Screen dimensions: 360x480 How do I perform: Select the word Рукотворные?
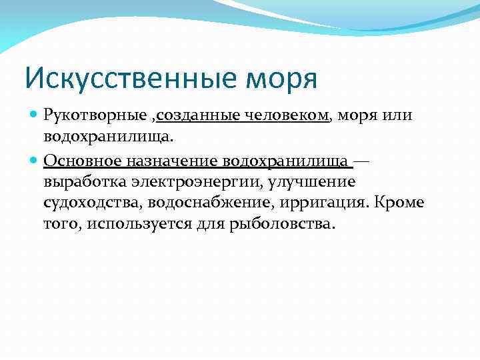point(95,115)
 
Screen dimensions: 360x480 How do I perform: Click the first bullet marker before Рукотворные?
point(35,115)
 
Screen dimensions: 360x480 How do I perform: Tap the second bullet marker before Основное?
point(35,161)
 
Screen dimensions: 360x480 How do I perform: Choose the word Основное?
point(83,161)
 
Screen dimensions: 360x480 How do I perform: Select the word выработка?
point(81,181)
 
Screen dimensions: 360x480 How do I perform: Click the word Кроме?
point(401,202)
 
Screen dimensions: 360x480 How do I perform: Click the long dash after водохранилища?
point(363,161)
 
